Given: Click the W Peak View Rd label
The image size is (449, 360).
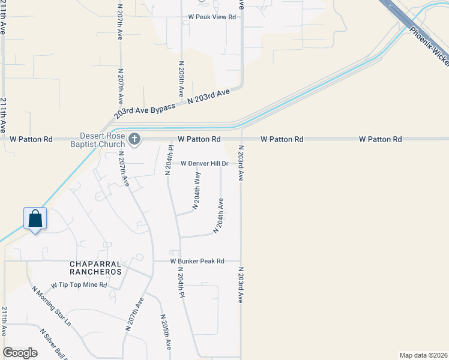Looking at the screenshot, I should tap(212, 17).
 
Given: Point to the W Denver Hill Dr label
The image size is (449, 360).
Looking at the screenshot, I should tap(205, 164).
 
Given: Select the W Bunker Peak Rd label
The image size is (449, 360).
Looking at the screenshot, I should tap(197, 262).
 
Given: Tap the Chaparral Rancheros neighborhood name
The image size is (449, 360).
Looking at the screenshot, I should tap(96, 268).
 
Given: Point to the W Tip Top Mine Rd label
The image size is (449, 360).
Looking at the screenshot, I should tap(79, 285).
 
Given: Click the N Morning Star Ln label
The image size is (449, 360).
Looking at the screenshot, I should tap(52, 306).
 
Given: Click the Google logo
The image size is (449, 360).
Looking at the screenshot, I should tap(20, 353).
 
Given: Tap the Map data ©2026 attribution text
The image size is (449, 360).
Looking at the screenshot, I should tap(424, 355).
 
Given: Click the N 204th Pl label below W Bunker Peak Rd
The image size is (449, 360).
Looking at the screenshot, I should tap(180, 283).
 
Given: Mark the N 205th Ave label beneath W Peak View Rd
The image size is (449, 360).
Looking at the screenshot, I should tap(181, 78).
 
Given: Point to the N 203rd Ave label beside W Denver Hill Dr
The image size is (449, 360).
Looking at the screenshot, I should tap(241, 163).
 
